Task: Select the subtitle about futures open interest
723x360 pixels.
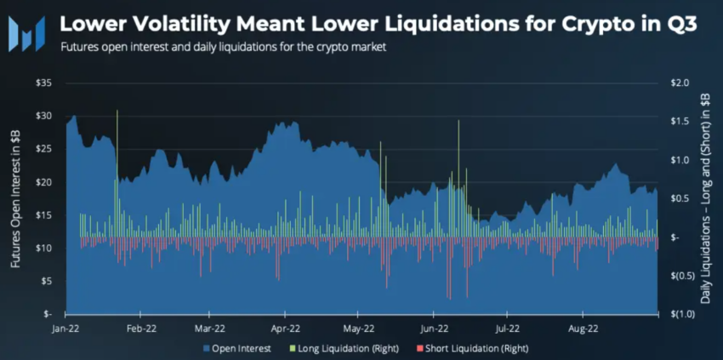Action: click(x=224, y=48)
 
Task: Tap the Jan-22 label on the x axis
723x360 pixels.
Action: click(x=65, y=327)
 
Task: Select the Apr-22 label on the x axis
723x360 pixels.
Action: click(x=285, y=327)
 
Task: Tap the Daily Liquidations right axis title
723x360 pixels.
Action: click(x=704, y=197)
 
